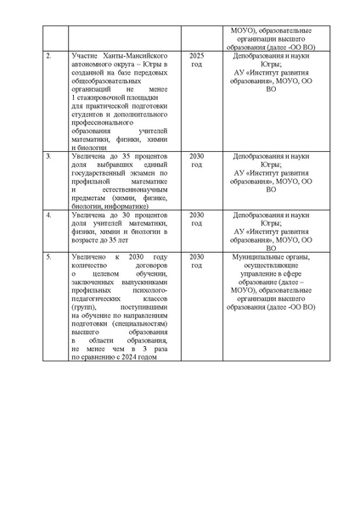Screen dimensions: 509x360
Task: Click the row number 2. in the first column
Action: [x=48, y=56]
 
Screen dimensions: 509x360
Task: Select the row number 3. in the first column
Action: [x=48, y=157]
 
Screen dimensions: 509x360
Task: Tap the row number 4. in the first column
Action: [x=48, y=215]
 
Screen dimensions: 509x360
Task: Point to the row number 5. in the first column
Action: [x=48, y=257]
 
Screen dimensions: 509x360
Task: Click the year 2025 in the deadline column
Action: [x=197, y=56]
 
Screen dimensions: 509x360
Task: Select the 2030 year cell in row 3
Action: [x=197, y=157]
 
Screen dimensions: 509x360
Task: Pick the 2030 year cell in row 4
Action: [x=197, y=215]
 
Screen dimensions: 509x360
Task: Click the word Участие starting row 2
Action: [x=86, y=56]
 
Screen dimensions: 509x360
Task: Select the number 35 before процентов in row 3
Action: [x=122, y=157]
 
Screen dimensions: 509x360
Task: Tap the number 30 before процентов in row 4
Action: [x=122, y=215]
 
